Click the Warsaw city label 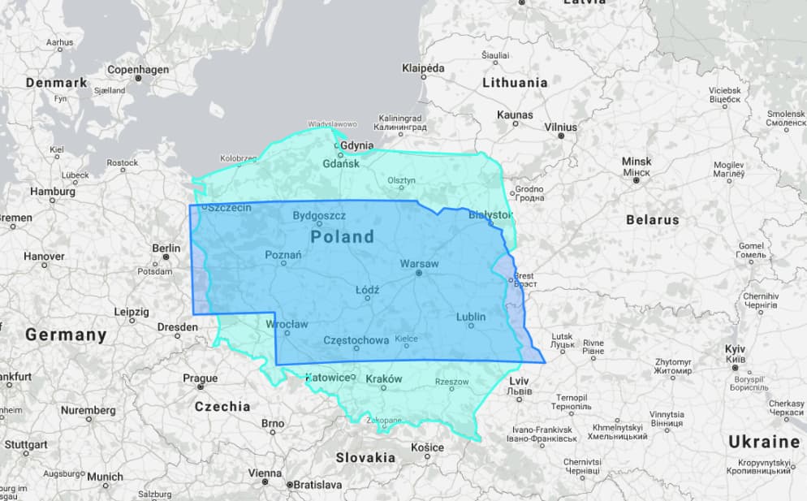pos(419,264)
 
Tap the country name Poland pos(342,236)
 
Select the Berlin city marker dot pos(166,257)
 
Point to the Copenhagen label pos(138,70)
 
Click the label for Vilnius pos(561,127)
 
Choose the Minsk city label pos(637,162)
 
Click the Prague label pos(200,378)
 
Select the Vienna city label pos(265,473)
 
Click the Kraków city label pos(384,378)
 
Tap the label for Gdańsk pos(340,163)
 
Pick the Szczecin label pos(229,208)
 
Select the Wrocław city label pos(287,324)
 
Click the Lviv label pos(519,380)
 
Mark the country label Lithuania pos(515,83)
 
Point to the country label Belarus pos(652,219)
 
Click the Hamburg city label pos(53,192)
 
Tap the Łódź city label pos(368,289)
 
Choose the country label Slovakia pos(365,457)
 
